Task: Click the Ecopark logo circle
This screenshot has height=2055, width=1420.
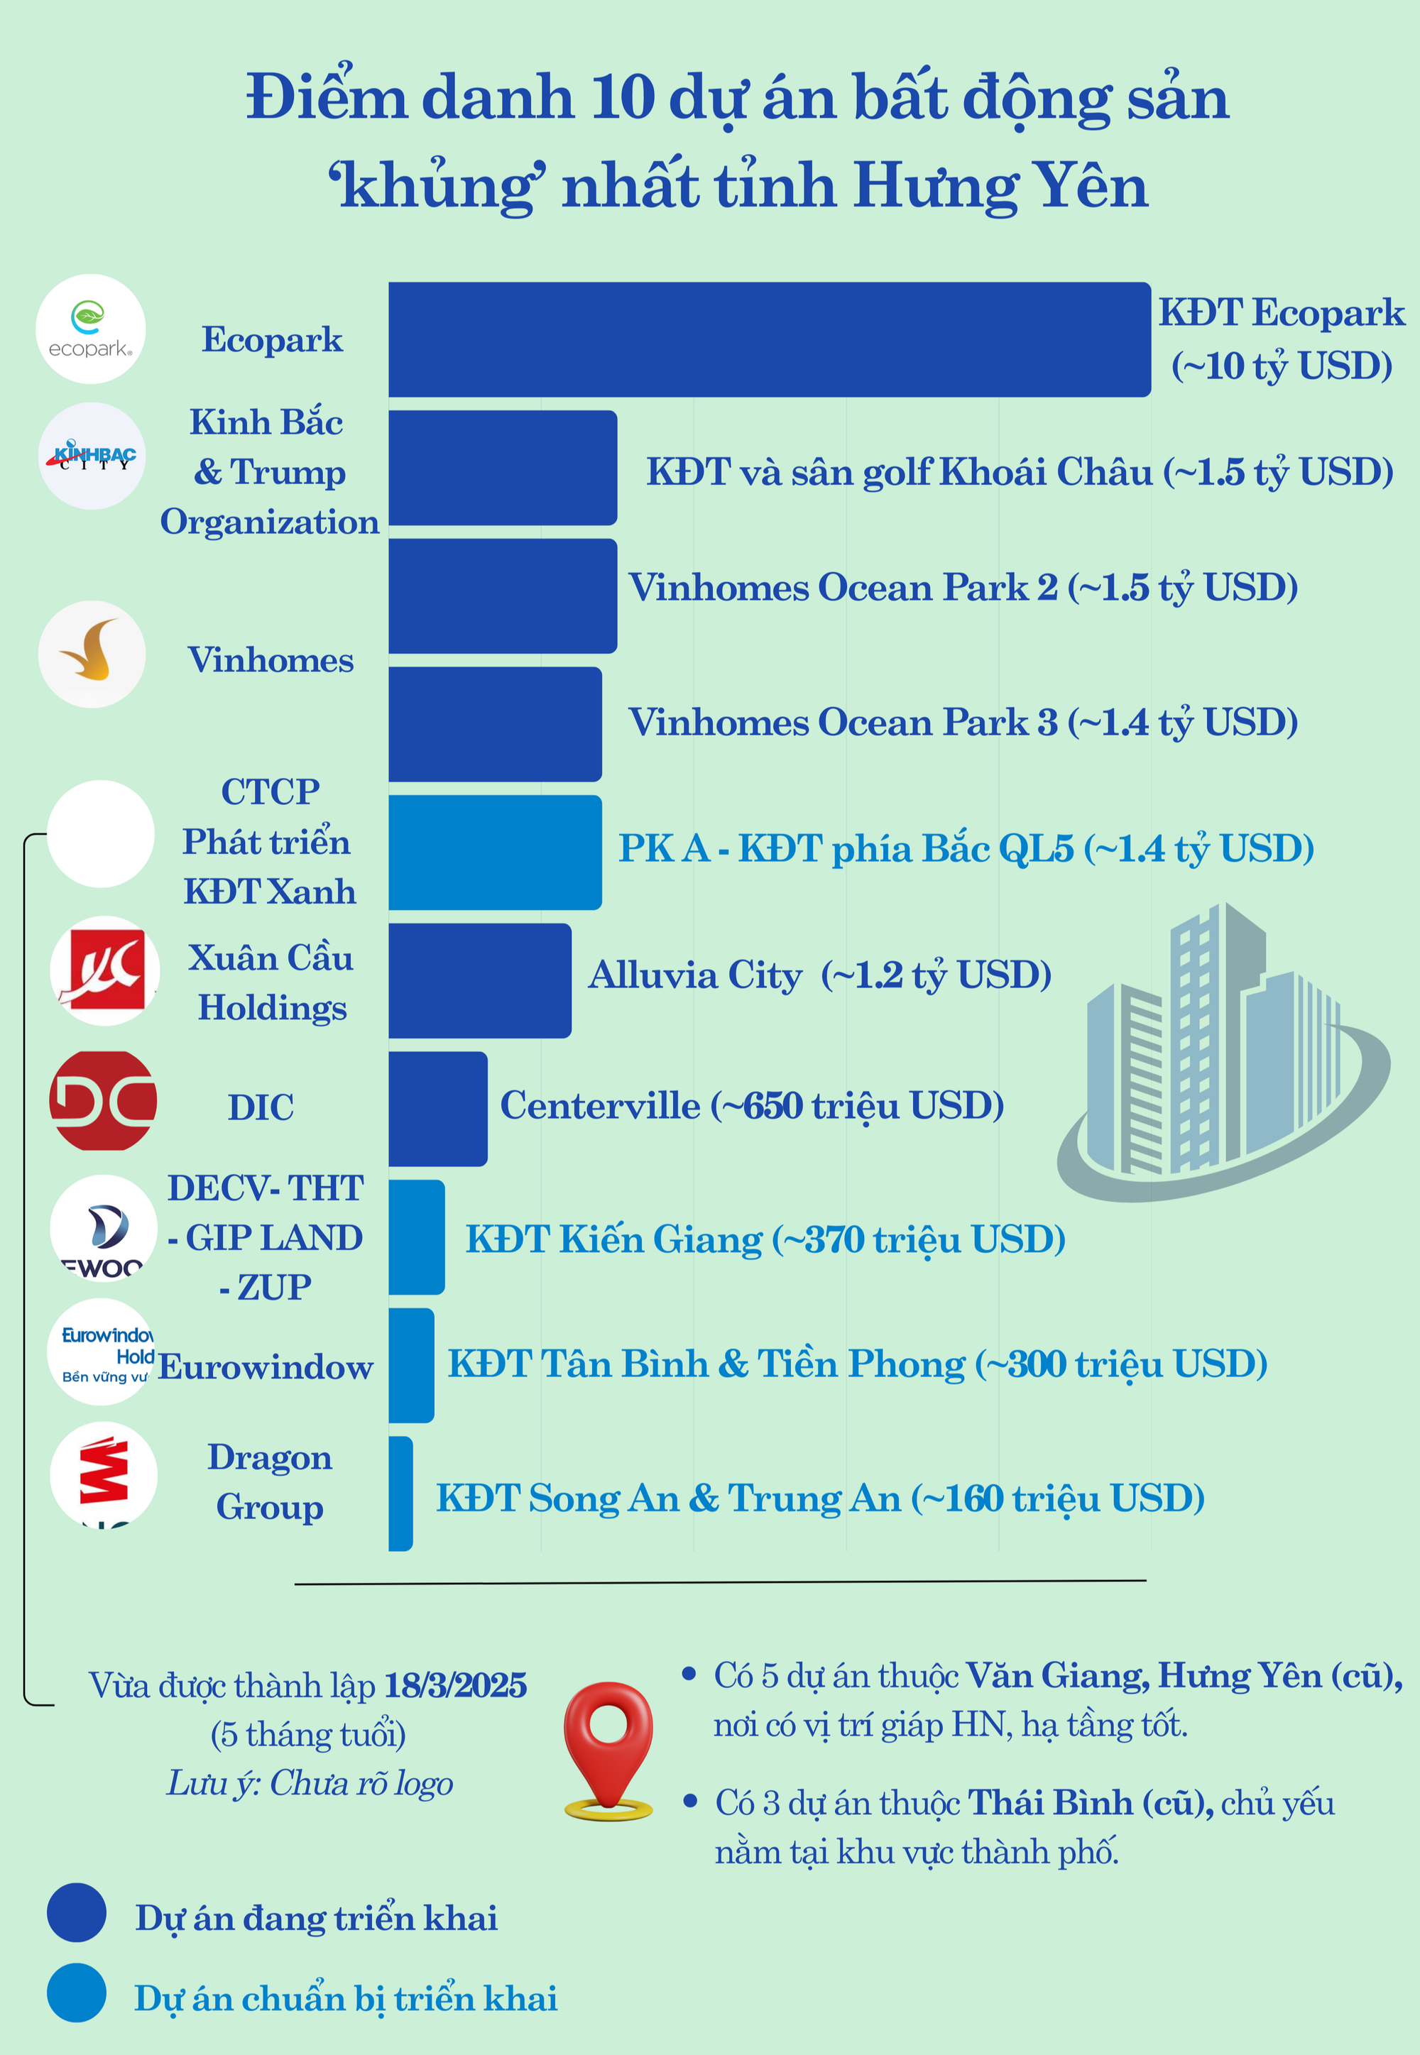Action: coord(91,329)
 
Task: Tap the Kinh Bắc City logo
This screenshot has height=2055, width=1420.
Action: coord(92,456)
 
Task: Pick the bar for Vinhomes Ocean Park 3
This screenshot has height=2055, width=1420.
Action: coord(495,724)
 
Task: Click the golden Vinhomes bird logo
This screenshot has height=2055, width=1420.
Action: coord(92,654)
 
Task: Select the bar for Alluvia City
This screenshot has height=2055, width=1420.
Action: coord(479,980)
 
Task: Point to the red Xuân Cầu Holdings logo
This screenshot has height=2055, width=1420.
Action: coord(104,970)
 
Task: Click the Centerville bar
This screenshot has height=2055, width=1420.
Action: coord(438,1109)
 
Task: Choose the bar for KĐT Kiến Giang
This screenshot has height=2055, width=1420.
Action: coord(416,1237)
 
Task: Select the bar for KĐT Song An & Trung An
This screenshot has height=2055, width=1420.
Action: coord(401,1494)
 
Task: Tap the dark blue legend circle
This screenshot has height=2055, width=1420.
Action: coord(77,1912)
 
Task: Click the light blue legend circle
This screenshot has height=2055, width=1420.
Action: coord(77,1993)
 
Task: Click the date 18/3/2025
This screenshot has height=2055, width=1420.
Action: coord(454,1686)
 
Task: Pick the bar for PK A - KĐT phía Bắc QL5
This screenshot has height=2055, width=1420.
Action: coord(495,853)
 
